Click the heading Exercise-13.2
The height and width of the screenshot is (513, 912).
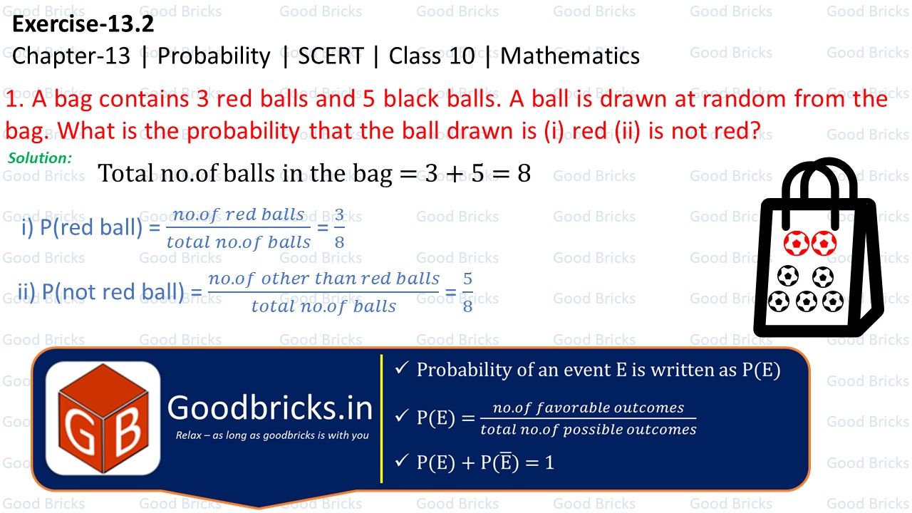[x=83, y=25]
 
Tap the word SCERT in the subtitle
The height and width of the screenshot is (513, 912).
[x=331, y=56]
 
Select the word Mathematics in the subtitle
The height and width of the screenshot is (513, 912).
[x=570, y=56]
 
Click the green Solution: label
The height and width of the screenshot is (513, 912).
[x=40, y=158]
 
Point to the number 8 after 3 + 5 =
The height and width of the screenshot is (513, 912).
[x=524, y=174]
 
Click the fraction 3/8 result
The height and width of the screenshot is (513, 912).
[x=339, y=228]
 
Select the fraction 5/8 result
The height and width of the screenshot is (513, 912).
[x=467, y=292]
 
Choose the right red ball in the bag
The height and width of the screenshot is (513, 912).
[x=824, y=244]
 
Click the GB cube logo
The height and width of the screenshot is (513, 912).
[x=103, y=418]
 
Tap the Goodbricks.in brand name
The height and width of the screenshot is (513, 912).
[x=270, y=408]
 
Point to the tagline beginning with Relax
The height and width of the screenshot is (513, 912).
[x=271, y=435]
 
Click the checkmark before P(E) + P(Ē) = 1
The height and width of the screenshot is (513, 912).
[x=401, y=461]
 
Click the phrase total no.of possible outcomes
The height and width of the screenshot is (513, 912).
[x=588, y=430]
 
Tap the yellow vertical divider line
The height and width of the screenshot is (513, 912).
[x=382, y=418]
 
